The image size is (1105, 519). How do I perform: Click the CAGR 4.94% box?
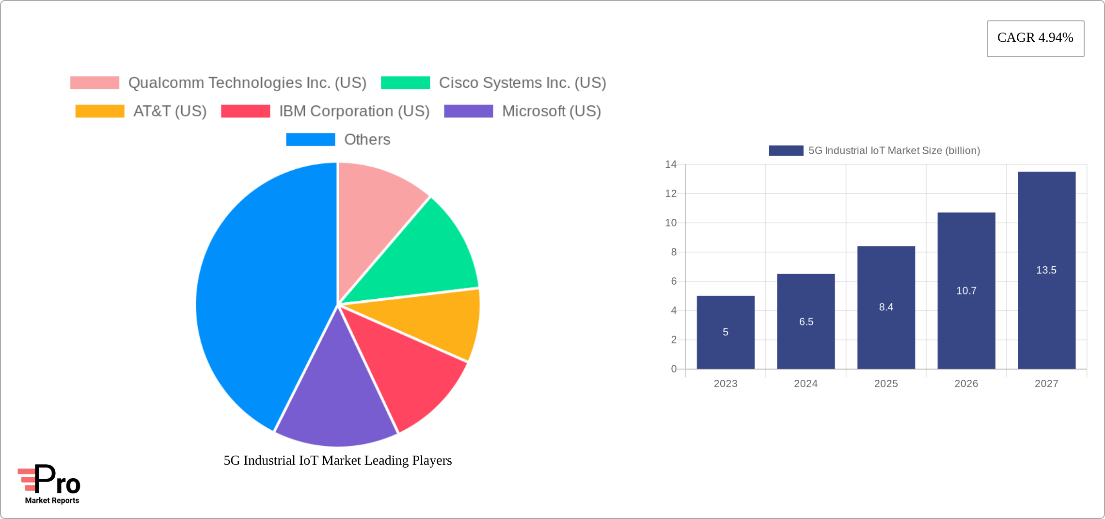[x=1035, y=38]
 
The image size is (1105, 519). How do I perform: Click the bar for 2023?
[x=726, y=332]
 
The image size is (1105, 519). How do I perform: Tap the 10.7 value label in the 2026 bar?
[x=966, y=291]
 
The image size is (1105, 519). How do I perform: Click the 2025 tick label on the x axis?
[x=886, y=384]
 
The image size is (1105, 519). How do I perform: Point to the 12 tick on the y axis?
[x=671, y=194]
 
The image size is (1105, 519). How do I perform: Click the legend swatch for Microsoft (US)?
[x=468, y=111]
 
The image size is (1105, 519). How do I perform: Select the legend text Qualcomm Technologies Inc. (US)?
[x=247, y=83]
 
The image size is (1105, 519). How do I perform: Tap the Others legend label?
[x=367, y=140]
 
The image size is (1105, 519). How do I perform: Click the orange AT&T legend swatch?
[x=100, y=111]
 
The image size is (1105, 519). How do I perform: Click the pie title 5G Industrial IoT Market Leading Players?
[x=337, y=460]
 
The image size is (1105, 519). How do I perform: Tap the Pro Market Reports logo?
[x=50, y=484]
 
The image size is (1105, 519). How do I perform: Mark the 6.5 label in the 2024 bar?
[x=806, y=322]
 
